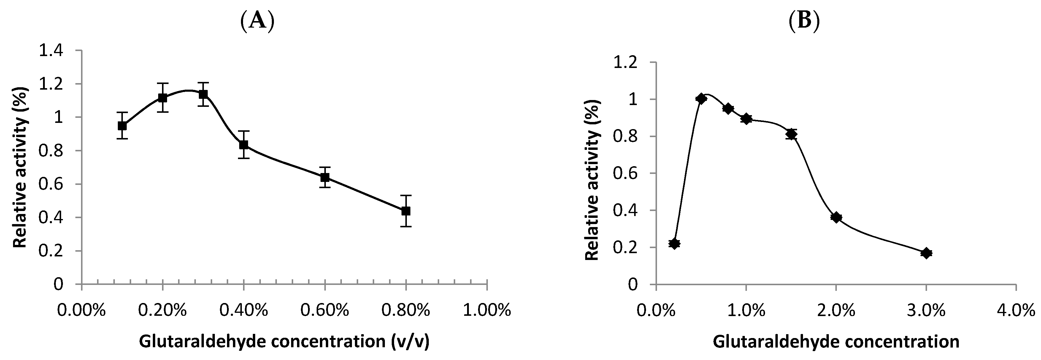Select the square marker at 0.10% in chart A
click(x=122, y=126)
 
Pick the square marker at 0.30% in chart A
click(x=203, y=94)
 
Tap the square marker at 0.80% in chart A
click(x=406, y=211)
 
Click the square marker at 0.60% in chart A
click(x=325, y=177)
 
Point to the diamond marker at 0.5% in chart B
click(x=701, y=99)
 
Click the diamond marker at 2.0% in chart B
click(x=836, y=217)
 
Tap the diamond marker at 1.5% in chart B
click(x=791, y=134)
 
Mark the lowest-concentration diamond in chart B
click(x=674, y=244)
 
